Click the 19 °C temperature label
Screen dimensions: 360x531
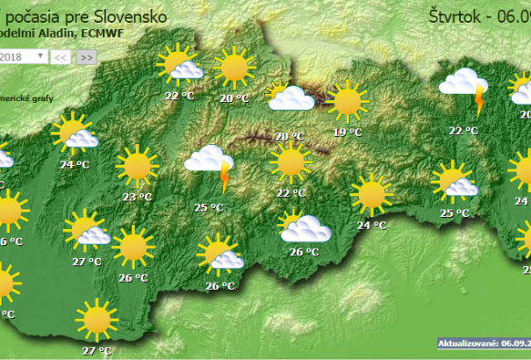pyautogui.click(x=348, y=133)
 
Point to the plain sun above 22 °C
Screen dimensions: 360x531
pyautogui.click(x=290, y=162)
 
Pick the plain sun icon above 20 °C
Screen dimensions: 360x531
pyautogui.click(x=233, y=67)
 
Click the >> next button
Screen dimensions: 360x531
pyautogui.click(x=86, y=57)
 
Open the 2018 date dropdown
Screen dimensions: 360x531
pyautogui.click(x=25, y=56)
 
